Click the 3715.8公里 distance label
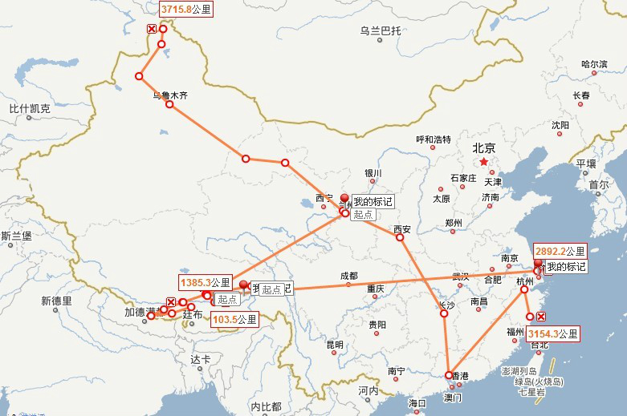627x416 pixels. pyautogui.click(x=185, y=10)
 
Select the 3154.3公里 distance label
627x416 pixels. pyautogui.click(x=552, y=332)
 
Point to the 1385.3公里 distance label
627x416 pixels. pyautogui.click(x=206, y=282)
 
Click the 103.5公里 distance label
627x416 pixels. pyautogui.click(x=234, y=319)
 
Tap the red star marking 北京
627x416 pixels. pyautogui.click(x=483, y=162)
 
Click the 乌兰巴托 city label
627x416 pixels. pyautogui.click(x=380, y=31)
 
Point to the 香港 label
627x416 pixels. pyautogui.click(x=459, y=375)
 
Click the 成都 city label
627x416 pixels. pyautogui.click(x=348, y=276)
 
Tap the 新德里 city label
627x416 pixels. pyautogui.click(x=56, y=301)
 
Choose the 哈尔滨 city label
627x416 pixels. pyautogui.click(x=594, y=63)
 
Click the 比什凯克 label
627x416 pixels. pyautogui.click(x=30, y=108)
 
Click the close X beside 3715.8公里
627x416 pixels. pyautogui.click(x=151, y=29)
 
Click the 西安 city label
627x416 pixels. pyautogui.click(x=402, y=229)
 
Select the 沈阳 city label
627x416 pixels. pyautogui.click(x=560, y=125)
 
